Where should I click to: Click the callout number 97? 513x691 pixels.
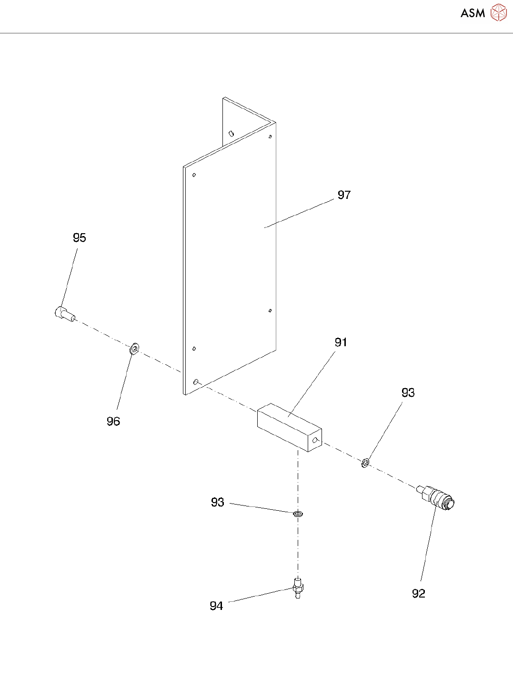(x=344, y=195)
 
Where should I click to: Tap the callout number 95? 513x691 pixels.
(x=80, y=238)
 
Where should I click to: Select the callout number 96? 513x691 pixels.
(x=113, y=422)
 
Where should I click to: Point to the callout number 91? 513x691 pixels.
(x=341, y=342)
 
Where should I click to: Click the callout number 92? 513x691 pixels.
(x=418, y=594)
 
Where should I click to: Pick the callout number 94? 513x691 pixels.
(x=216, y=606)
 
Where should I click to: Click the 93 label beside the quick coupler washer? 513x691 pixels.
(x=408, y=393)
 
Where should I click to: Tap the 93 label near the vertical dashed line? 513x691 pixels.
(x=218, y=503)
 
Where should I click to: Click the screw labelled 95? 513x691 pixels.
(x=64, y=313)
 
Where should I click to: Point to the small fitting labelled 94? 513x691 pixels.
(x=298, y=588)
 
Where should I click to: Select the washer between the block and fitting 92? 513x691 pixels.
(x=365, y=463)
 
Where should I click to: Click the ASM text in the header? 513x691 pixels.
(x=473, y=13)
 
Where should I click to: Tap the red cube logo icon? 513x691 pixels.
(x=499, y=13)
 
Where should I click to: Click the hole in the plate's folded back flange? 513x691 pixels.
(x=231, y=134)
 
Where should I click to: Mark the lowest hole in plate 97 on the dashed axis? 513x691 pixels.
(x=196, y=382)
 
